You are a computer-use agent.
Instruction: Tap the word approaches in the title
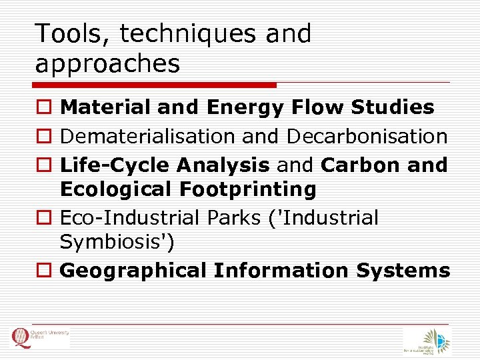coord(108,64)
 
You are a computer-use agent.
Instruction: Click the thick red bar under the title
coord(154,85)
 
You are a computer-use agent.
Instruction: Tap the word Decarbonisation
coord(367,136)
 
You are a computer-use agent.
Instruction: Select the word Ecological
coord(116,189)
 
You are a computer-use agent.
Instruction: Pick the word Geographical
coord(133,271)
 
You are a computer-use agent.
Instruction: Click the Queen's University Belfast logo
coord(39,338)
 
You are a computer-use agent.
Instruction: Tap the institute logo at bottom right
coord(427,341)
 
